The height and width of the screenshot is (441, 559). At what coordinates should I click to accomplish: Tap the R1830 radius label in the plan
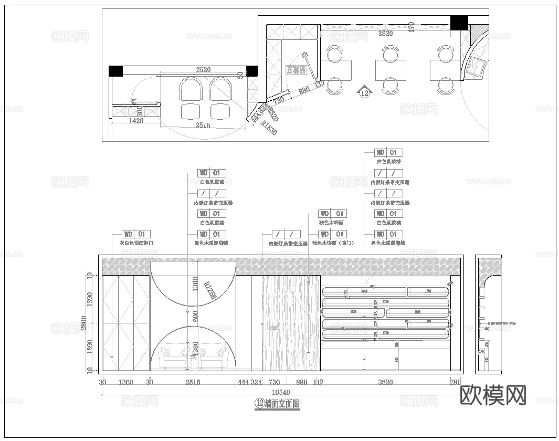(268, 128)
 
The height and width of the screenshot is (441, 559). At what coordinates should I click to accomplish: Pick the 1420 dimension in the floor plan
(121, 120)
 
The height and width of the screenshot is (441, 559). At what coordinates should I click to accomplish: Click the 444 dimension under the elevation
(243, 382)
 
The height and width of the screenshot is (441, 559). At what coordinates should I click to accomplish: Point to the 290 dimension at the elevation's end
(455, 382)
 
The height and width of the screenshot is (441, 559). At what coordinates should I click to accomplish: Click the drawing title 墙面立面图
(282, 403)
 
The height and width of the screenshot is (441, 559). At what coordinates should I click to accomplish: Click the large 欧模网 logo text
(492, 395)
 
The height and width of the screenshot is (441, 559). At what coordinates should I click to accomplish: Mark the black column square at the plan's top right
(459, 23)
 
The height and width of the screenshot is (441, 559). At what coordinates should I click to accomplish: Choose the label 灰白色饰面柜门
(136, 244)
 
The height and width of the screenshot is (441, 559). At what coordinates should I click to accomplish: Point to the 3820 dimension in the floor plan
(386, 34)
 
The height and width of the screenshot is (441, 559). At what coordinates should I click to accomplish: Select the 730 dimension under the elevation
(274, 382)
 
